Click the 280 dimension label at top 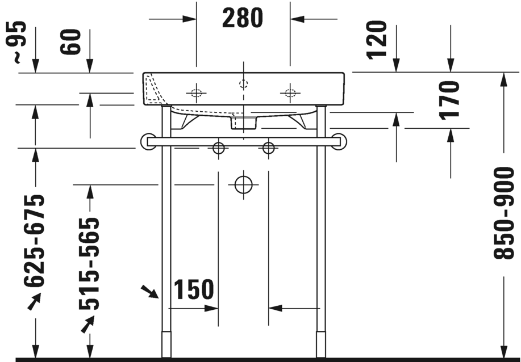tap(243, 18)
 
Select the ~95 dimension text tap(18, 41)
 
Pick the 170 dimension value tap(451, 99)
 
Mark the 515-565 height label tap(89, 264)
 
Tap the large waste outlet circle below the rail tap(243, 184)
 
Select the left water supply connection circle tap(218, 148)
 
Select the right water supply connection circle tap(268, 148)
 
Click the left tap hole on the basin tap(196, 92)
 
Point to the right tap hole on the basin tap(290, 92)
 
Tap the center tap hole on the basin tap(244, 84)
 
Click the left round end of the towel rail tap(148, 141)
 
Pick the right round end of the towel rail tap(339, 141)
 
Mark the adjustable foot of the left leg tap(166, 344)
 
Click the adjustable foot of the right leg tap(321, 344)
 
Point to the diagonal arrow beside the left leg tap(150, 292)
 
